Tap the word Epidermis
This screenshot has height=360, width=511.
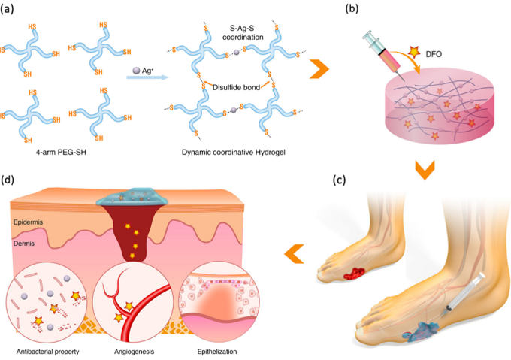tap(28, 222)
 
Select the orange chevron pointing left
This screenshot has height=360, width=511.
tap(295, 255)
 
